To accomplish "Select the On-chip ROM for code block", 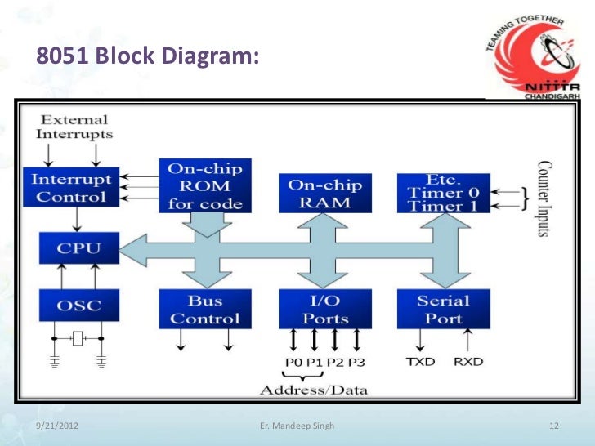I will click(205, 186).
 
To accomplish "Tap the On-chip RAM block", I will click(324, 194).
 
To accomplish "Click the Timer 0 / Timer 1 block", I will click(443, 194).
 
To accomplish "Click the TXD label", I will click(421, 361).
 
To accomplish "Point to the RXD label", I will click(467, 361).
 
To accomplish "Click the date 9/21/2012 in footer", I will click(59, 426).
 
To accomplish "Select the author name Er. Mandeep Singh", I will click(296, 426).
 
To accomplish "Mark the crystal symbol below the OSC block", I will click(78, 337).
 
